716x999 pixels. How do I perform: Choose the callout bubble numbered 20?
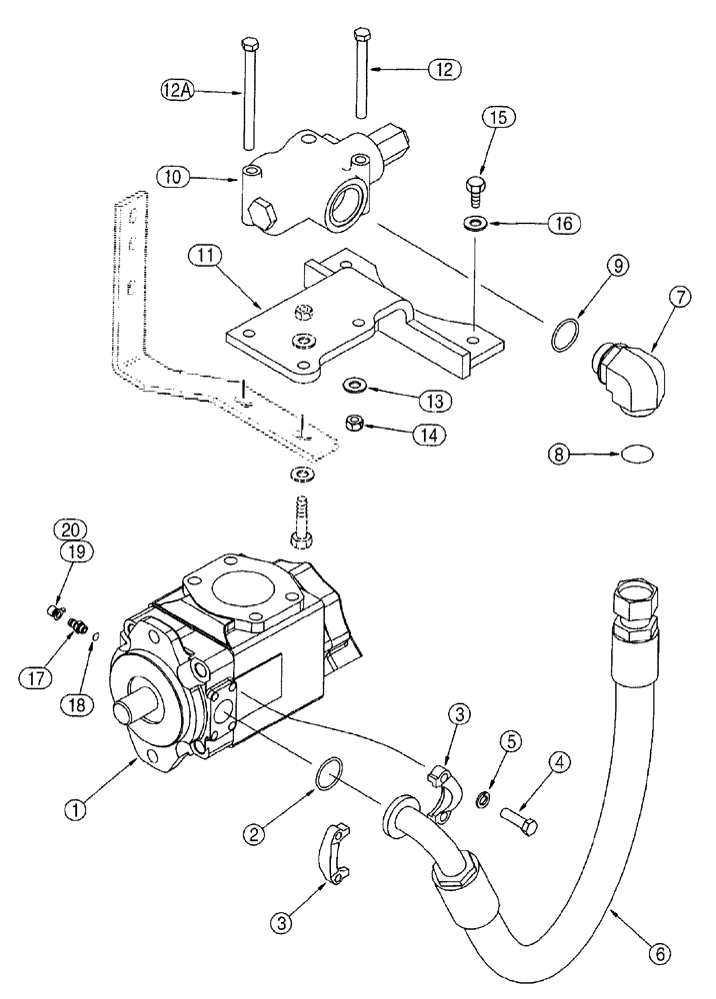(71, 529)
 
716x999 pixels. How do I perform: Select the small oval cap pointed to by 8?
(636, 455)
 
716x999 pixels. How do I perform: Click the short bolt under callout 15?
(475, 185)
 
